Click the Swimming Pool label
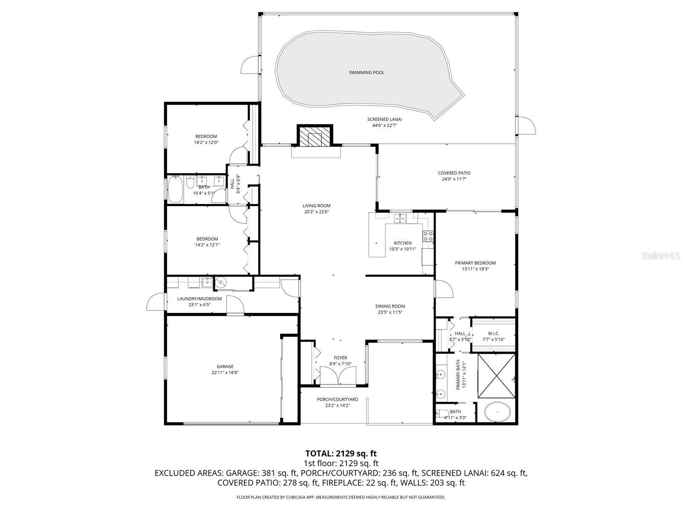point(367,72)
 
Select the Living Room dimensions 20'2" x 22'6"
point(317,212)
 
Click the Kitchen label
point(402,243)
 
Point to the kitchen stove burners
point(428,236)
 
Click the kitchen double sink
point(400,218)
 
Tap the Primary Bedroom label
point(475,263)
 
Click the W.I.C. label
point(493,333)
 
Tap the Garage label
point(225,366)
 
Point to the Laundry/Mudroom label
point(199,299)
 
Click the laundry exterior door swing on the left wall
point(155,303)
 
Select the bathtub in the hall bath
point(175,190)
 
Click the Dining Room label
point(390,306)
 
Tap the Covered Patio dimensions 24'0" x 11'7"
point(454,179)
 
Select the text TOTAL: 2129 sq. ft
point(341,454)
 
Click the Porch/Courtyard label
point(337,399)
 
